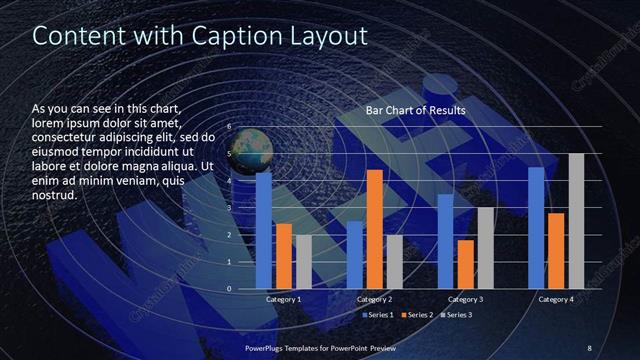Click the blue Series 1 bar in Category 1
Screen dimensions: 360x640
pyautogui.click(x=264, y=229)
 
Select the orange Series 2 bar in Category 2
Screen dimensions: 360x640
pyautogui.click(x=374, y=229)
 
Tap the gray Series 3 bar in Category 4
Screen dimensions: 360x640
pyautogui.click(x=576, y=221)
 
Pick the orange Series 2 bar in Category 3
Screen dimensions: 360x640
pyautogui.click(x=466, y=264)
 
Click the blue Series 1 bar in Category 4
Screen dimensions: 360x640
pyautogui.click(x=537, y=228)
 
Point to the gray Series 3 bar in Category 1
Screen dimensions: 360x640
pyautogui.click(x=303, y=262)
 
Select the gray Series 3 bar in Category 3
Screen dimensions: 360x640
pyautogui.click(x=485, y=248)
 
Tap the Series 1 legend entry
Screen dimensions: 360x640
pyautogui.click(x=378, y=315)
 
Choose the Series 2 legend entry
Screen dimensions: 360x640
pyautogui.click(x=417, y=315)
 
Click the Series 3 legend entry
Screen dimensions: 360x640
pyautogui.click(x=456, y=315)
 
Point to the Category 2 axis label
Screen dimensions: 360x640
pyautogui.click(x=375, y=299)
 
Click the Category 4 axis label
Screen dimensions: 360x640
pyautogui.click(x=556, y=299)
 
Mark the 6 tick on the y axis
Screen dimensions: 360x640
pyautogui.click(x=229, y=128)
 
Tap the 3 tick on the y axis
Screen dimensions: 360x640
pyautogui.click(x=229, y=208)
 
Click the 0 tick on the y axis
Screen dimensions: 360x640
pyautogui.click(x=229, y=289)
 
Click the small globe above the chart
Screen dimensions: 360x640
pyautogui.click(x=253, y=147)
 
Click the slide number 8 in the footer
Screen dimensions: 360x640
pyautogui.click(x=589, y=347)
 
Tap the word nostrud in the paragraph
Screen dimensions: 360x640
pyautogui.click(x=55, y=194)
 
